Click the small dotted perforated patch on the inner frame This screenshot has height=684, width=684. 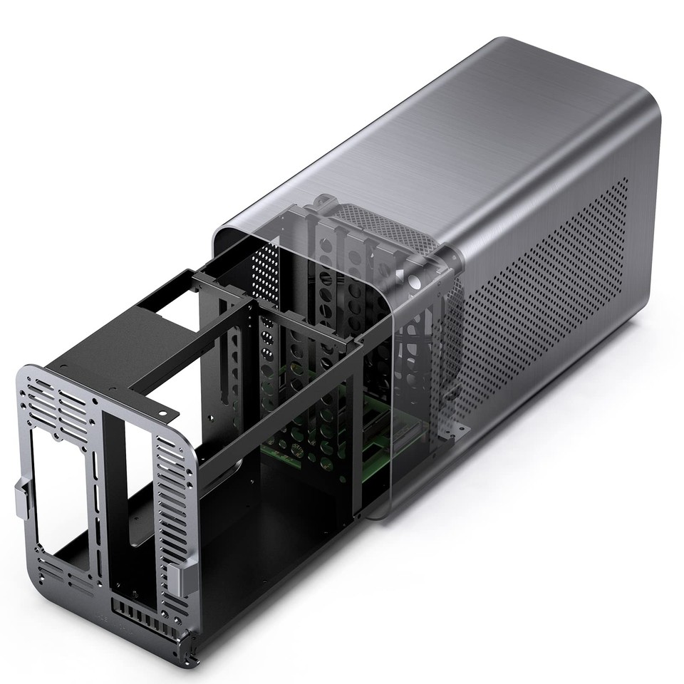coord(265,274)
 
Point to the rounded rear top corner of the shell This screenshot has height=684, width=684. coord(641,107)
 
